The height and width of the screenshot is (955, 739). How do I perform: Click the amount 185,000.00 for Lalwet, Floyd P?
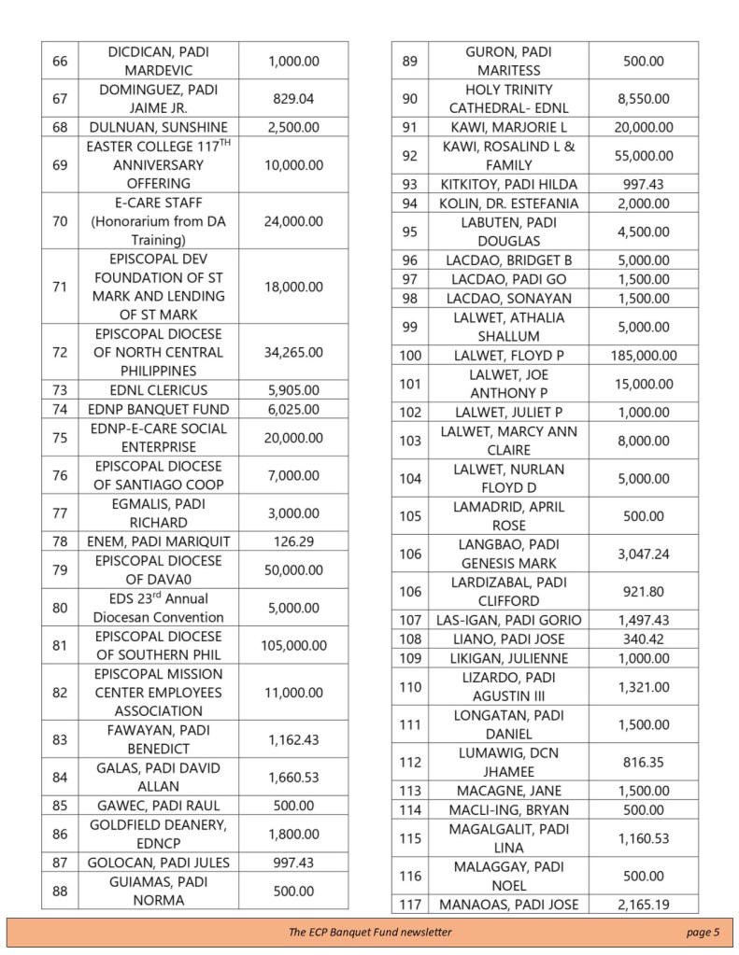tap(644, 355)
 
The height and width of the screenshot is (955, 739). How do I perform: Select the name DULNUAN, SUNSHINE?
tap(158, 127)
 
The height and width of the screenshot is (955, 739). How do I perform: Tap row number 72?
tap(60, 352)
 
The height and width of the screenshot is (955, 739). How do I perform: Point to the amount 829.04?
tap(293, 98)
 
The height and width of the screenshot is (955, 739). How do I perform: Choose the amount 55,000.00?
tap(644, 156)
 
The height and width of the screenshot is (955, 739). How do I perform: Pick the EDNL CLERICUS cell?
tap(158, 390)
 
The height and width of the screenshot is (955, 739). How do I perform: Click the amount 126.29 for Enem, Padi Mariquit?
tap(293, 541)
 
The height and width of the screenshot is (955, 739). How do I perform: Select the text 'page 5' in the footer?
tap(703, 931)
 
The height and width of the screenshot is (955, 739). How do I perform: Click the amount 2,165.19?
tap(644, 904)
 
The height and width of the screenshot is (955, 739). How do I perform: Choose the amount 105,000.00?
tap(293, 645)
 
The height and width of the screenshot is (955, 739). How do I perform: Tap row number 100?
tap(410, 355)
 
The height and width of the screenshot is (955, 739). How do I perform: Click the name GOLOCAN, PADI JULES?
tap(158, 862)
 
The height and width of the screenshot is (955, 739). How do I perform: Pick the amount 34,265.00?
tap(293, 352)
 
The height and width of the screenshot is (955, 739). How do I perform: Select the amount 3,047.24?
tap(644, 554)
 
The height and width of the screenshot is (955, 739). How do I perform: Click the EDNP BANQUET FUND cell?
tap(158, 409)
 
